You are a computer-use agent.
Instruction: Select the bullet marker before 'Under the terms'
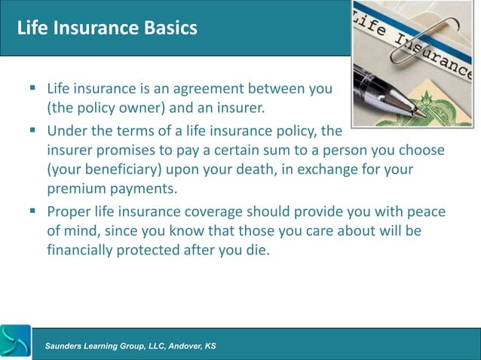tap(32, 130)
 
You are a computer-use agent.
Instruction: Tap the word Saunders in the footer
tap(68, 346)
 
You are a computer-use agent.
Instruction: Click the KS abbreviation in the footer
tap(210, 346)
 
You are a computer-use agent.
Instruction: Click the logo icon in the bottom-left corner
tap(16, 343)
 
